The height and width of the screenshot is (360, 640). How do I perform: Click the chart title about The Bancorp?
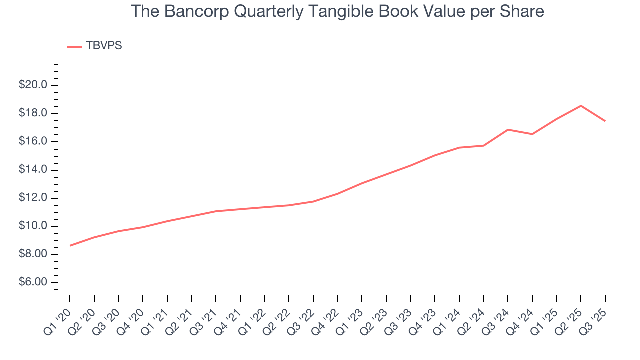(x=337, y=11)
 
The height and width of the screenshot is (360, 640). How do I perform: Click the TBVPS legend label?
(x=104, y=46)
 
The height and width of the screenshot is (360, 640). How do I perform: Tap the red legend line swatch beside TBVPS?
(x=75, y=46)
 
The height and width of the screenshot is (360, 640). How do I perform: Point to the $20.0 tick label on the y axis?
(x=33, y=85)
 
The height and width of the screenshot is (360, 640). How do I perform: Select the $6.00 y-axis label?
(x=33, y=283)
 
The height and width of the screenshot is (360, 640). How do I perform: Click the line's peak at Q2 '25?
(x=581, y=106)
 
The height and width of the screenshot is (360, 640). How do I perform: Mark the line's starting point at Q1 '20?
(x=70, y=246)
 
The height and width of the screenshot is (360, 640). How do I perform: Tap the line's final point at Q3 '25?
(x=605, y=121)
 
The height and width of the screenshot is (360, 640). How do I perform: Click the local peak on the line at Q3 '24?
(x=508, y=130)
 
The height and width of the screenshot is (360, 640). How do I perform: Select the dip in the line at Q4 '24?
(x=532, y=134)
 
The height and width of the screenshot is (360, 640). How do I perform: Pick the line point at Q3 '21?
(x=216, y=211)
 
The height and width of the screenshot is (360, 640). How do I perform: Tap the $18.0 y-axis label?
(x=33, y=114)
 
